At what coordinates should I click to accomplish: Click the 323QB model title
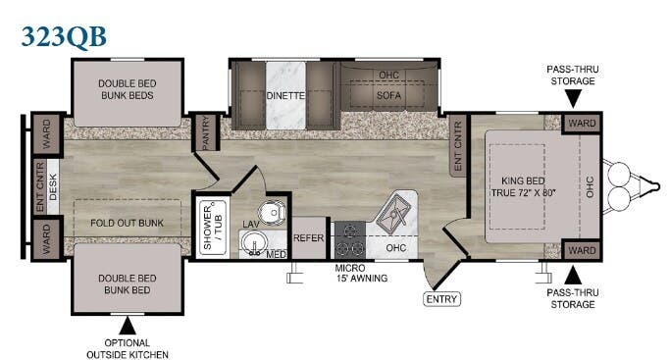pyautogui.click(x=64, y=36)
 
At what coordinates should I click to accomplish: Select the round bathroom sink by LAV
pyautogui.click(x=254, y=244)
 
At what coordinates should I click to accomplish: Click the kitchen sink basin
pyautogui.click(x=393, y=210)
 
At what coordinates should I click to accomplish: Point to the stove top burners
pyautogui.click(x=350, y=239)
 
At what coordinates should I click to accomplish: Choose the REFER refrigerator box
pyautogui.click(x=308, y=237)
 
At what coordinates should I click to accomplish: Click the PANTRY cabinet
pyautogui.click(x=206, y=132)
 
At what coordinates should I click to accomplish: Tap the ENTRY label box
pyautogui.click(x=441, y=299)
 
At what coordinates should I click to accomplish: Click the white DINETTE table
pyautogui.click(x=285, y=95)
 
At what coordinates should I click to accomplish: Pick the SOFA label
pyautogui.click(x=388, y=95)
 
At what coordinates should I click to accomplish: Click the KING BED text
pyautogui.click(x=523, y=180)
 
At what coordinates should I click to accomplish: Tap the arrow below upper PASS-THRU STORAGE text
pyautogui.click(x=573, y=100)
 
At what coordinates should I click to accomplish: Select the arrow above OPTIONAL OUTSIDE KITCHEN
pyautogui.click(x=128, y=327)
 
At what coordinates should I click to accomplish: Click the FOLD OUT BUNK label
pyautogui.click(x=128, y=223)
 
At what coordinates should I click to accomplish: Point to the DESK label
pyautogui.click(x=53, y=186)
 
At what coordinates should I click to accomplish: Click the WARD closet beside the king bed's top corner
pyautogui.click(x=582, y=124)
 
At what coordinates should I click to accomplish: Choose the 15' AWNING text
pyautogui.click(x=361, y=279)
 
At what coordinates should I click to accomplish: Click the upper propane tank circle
pyautogui.click(x=618, y=174)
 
